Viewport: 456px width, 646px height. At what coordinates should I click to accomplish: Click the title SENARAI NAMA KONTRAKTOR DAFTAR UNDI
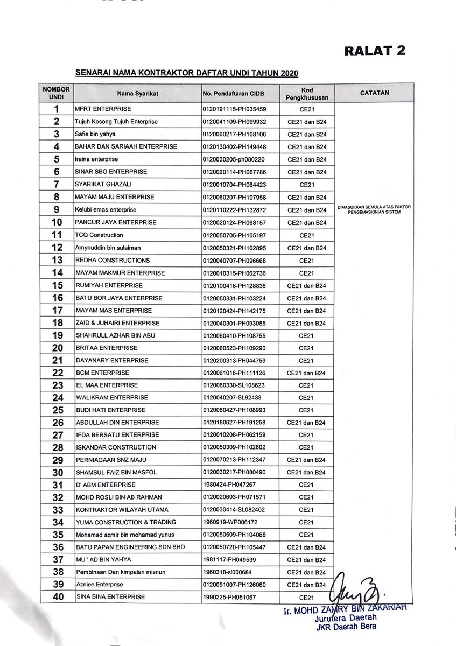point(186,72)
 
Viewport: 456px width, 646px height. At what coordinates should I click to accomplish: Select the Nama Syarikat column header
point(137,93)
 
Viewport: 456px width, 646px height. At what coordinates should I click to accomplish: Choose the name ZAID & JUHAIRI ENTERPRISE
point(117,323)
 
